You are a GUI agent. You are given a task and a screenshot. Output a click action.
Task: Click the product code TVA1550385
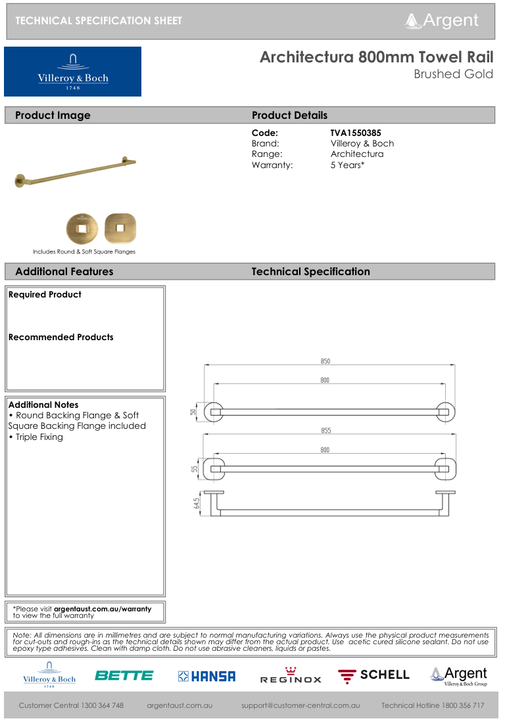(356, 133)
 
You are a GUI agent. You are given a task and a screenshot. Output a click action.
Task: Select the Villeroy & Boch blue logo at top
(72, 72)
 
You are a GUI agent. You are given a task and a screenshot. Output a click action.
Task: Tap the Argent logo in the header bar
(442, 20)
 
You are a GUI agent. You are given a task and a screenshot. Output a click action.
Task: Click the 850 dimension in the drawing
(325, 361)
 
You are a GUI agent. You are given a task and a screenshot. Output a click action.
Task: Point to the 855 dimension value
(325, 431)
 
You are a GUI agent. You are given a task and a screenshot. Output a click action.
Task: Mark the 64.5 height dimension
(197, 503)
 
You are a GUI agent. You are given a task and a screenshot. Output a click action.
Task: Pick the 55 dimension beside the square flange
(195, 469)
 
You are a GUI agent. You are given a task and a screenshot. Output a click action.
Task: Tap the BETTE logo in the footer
(124, 676)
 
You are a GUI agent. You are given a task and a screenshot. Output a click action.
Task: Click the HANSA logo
(206, 676)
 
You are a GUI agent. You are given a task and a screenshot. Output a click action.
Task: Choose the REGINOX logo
(290, 676)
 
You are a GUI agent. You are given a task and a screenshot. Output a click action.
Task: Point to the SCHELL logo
(373, 676)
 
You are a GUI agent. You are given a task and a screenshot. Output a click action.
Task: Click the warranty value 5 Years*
(347, 165)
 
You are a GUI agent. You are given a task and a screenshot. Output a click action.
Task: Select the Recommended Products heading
(60, 337)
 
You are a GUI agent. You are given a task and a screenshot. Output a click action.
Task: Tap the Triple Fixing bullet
(39, 437)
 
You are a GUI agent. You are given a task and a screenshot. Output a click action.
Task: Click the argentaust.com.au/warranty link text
(102, 609)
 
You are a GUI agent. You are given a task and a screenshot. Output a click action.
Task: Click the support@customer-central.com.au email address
(300, 705)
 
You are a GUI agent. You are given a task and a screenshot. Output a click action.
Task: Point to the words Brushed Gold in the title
(453, 74)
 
